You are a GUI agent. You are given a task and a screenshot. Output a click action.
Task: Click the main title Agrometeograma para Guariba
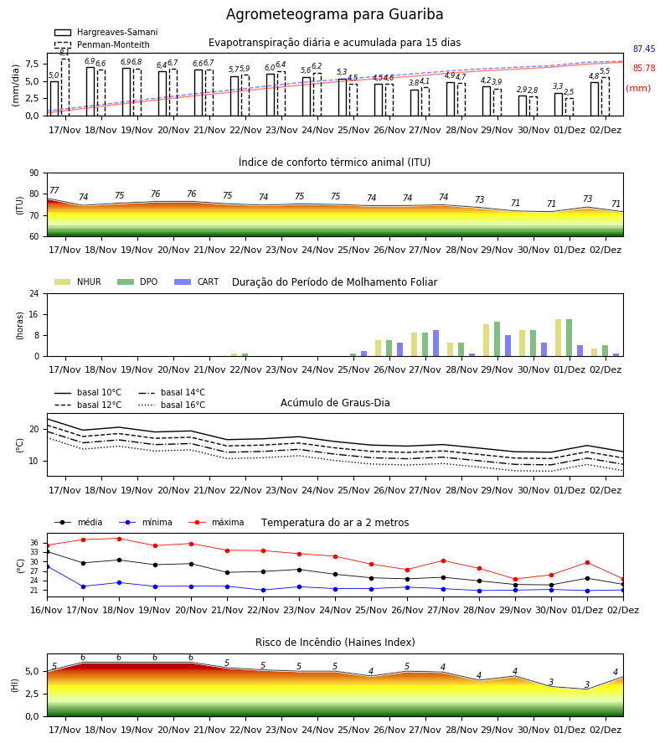pyautogui.click(x=334, y=14)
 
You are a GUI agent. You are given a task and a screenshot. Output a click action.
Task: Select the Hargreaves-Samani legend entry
pyautogui.click(x=106, y=32)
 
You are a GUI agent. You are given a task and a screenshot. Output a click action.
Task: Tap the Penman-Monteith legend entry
pyautogui.click(x=102, y=44)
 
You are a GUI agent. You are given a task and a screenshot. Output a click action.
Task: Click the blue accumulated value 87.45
pyautogui.click(x=644, y=49)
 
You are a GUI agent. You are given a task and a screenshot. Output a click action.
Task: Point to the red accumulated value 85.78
pyautogui.click(x=644, y=69)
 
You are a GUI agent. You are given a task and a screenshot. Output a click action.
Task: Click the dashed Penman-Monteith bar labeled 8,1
pyautogui.click(x=65, y=87)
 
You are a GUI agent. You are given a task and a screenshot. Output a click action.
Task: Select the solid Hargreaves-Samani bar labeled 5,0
pyautogui.click(x=54, y=99)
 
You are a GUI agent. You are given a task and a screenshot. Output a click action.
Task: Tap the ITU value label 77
pyautogui.click(x=54, y=190)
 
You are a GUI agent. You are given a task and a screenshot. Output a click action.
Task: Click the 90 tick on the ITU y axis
pyautogui.click(x=34, y=173)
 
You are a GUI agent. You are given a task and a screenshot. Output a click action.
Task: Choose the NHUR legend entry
pyautogui.click(x=78, y=281)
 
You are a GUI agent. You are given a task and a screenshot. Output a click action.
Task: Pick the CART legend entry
pyautogui.click(x=197, y=281)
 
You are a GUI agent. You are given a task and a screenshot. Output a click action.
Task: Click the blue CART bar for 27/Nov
pyautogui.click(x=436, y=343)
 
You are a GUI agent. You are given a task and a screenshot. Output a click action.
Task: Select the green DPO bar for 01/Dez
pyautogui.click(x=569, y=338)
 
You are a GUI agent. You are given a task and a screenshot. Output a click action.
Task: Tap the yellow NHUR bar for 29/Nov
pyautogui.click(x=487, y=340)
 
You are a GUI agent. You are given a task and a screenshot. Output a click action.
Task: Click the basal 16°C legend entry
pyautogui.click(x=172, y=405)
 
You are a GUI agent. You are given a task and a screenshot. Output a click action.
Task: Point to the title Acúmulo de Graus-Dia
pyautogui.click(x=335, y=403)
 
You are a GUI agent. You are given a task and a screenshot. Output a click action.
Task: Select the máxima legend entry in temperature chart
pyautogui.click(x=216, y=522)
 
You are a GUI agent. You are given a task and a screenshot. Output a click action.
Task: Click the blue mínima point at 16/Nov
pyautogui.click(x=47, y=567)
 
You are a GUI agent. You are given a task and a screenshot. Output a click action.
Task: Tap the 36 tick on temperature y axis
pyautogui.click(x=34, y=543)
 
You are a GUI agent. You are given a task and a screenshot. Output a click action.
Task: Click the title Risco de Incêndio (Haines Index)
pyautogui.click(x=335, y=643)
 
